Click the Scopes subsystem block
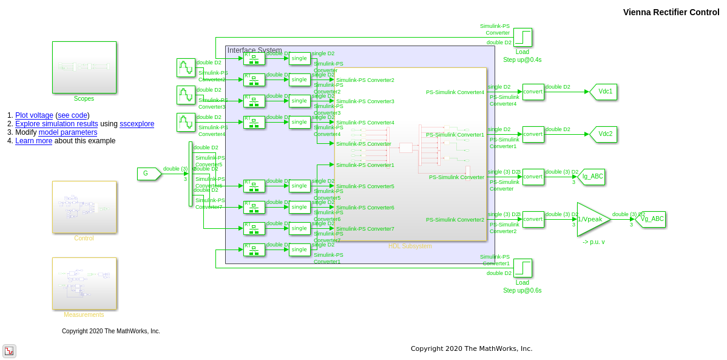tap(84, 67)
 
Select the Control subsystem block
tap(84, 206)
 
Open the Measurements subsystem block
tap(84, 283)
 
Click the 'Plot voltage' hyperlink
tap(34, 115)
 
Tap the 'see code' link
tap(72, 115)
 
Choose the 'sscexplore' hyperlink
tap(137, 124)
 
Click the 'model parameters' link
tap(67, 132)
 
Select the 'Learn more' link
tap(33, 141)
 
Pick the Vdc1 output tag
tap(604, 92)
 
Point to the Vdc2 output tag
tap(604, 134)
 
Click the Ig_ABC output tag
tap(592, 177)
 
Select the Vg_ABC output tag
tap(651, 219)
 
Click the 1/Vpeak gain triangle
tap(590, 219)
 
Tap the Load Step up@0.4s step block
tap(522, 37)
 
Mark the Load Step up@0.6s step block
tap(522, 268)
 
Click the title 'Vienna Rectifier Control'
tap(671, 12)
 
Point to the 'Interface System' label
tap(254, 50)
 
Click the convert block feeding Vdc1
tap(533, 92)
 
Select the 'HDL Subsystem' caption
tap(410, 246)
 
